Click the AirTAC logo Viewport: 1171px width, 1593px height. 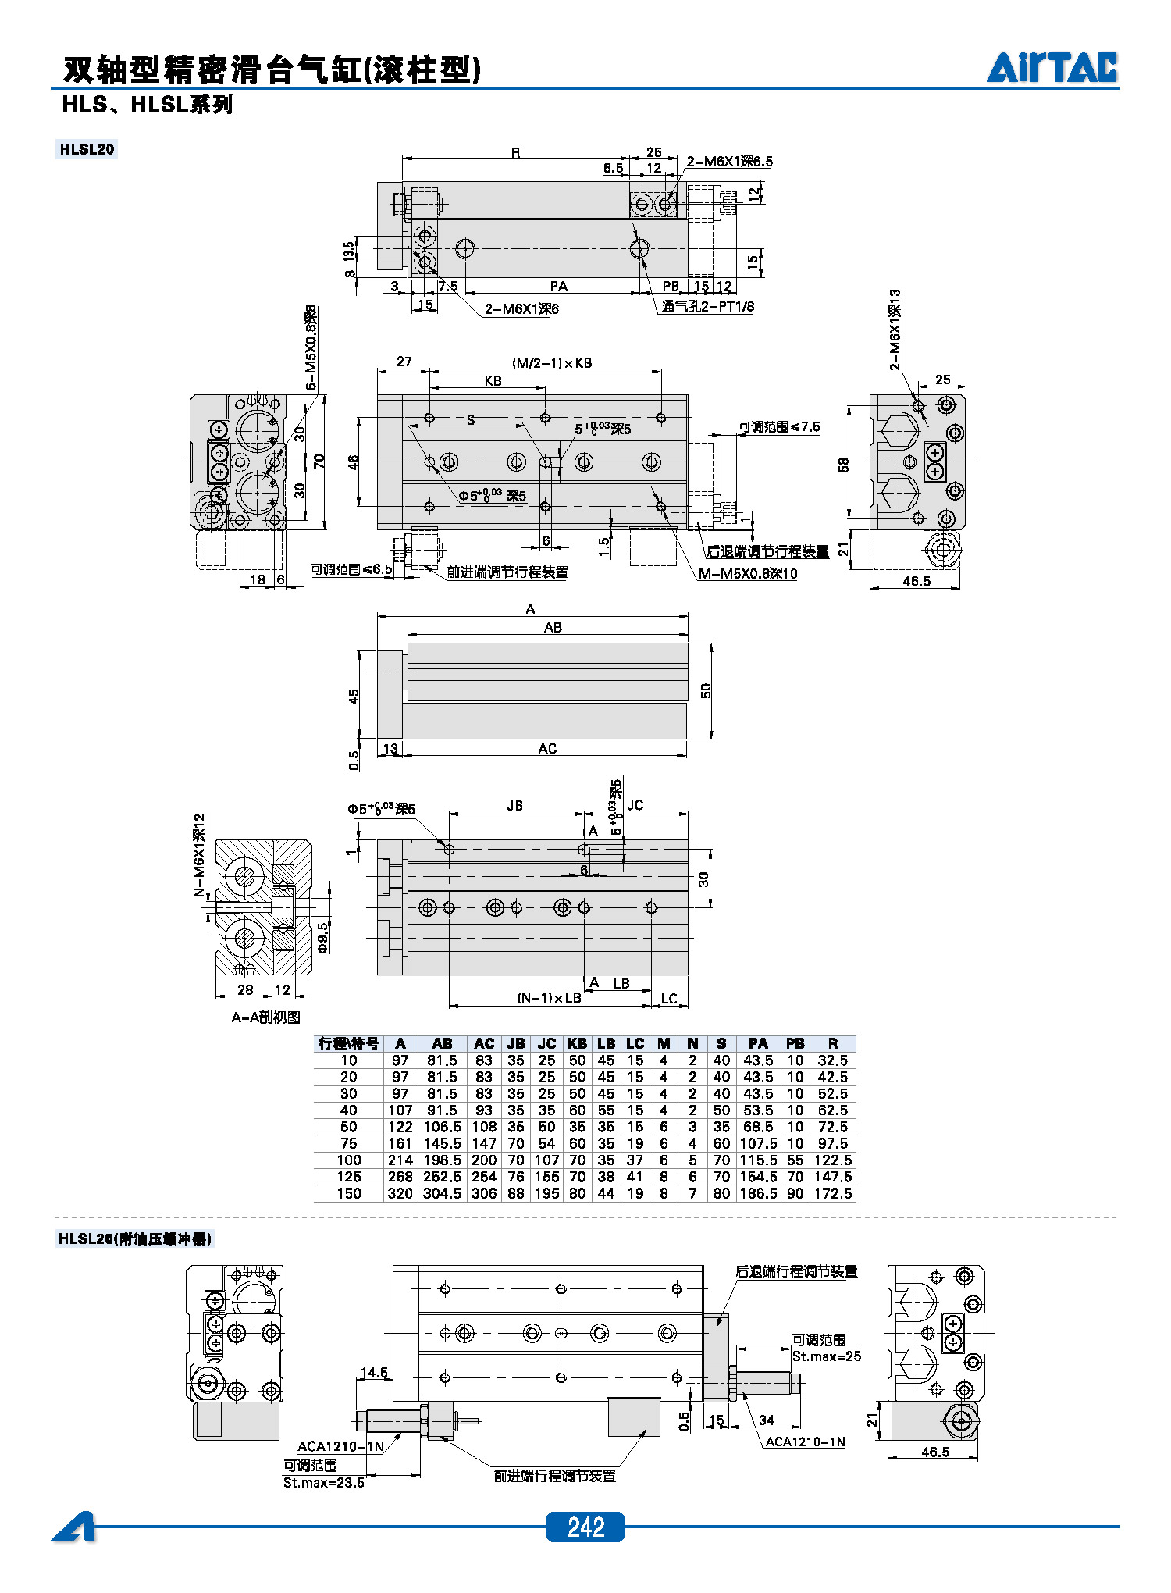click(1052, 68)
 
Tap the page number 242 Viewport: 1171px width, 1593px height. click(585, 1527)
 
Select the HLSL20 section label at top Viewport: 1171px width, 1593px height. click(87, 149)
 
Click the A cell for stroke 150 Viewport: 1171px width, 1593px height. click(400, 1193)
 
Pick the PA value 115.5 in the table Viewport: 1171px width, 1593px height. click(758, 1160)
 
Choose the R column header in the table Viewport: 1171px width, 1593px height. click(832, 1043)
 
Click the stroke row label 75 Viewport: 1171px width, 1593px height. click(348, 1144)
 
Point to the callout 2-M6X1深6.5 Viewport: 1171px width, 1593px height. click(729, 162)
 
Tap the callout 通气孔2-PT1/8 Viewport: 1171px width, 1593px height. click(708, 306)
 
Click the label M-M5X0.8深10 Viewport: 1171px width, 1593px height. click(748, 574)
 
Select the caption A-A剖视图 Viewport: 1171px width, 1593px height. click(265, 1017)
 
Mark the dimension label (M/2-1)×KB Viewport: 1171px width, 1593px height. click(552, 363)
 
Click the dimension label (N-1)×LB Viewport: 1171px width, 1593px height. click(549, 998)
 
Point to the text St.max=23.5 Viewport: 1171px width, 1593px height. click(323, 1482)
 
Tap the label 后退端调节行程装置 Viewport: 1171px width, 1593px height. click(767, 551)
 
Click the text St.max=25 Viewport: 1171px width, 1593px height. click(826, 1356)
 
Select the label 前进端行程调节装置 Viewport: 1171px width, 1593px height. click(554, 1476)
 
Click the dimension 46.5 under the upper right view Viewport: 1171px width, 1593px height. click(917, 581)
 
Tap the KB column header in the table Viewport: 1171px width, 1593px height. click(577, 1043)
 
